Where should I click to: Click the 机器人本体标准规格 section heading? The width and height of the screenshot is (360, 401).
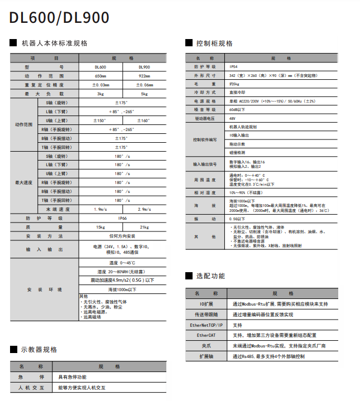point(54,43)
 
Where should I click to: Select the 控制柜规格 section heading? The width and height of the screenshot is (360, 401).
point(214,43)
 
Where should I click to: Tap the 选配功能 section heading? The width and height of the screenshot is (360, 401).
point(210,276)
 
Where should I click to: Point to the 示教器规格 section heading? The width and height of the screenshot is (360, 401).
point(39,350)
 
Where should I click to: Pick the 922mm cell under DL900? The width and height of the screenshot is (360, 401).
point(144,76)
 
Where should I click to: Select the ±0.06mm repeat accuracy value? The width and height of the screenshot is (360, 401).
point(144,85)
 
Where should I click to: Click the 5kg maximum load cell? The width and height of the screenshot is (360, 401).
point(144,94)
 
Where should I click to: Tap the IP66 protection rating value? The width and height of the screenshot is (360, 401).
point(122,219)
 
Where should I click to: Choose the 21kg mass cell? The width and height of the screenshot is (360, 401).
point(144,228)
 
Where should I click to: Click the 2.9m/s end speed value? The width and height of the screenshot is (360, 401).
point(144,210)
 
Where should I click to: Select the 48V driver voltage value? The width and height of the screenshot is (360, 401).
point(232,119)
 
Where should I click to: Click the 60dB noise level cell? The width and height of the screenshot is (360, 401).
point(237,110)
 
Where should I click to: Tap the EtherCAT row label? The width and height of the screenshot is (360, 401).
point(206,335)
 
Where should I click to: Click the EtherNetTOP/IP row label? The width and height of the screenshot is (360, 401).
point(206,325)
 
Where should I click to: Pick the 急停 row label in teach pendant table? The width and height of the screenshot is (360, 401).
point(32,376)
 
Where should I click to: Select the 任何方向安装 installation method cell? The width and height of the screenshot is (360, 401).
point(122,236)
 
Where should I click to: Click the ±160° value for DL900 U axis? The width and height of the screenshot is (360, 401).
point(144,120)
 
